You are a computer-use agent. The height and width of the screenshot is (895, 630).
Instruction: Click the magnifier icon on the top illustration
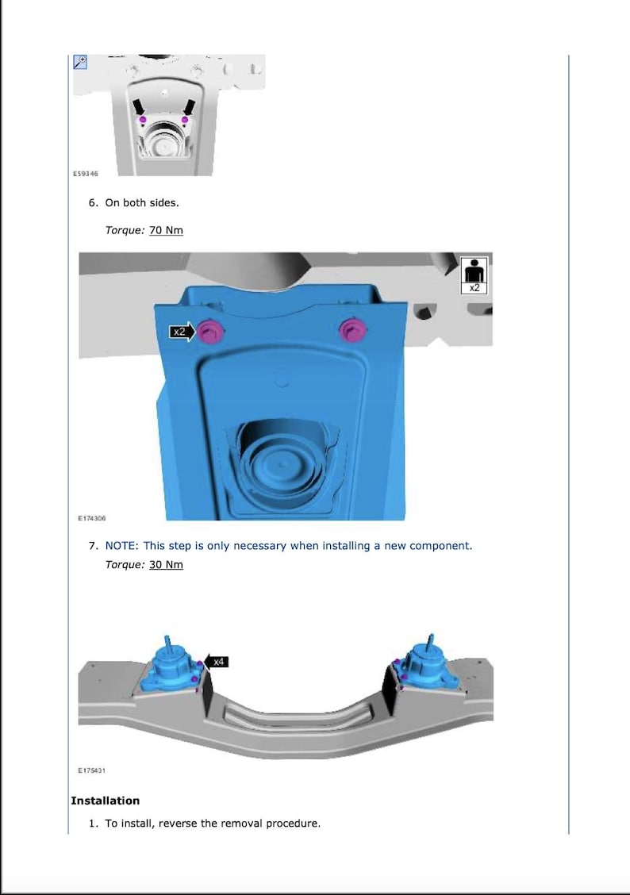click(x=80, y=62)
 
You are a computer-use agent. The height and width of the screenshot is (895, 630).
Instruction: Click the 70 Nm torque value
click(x=166, y=230)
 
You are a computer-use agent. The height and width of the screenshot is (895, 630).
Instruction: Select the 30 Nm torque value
click(x=166, y=564)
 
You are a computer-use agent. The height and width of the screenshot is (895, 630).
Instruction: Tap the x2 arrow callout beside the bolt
click(x=182, y=332)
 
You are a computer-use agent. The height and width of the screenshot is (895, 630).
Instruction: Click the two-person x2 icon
click(x=474, y=275)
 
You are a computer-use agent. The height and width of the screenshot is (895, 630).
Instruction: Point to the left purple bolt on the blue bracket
click(x=210, y=331)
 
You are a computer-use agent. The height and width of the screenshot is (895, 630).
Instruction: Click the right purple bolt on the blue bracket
click(x=352, y=331)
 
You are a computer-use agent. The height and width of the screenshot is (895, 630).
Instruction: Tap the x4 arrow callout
click(x=216, y=662)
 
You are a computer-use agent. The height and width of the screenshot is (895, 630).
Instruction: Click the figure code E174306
click(x=92, y=518)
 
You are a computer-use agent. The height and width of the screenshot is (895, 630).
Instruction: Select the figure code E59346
click(x=86, y=174)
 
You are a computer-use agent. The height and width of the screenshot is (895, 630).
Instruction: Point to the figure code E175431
click(x=92, y=770)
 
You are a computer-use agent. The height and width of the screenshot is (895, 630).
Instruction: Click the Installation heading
click(x=105, y=801)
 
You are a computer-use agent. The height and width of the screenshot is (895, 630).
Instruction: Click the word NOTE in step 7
click(x=121, y=546)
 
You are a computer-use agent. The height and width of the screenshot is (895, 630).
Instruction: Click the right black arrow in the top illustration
click(x=189, y=108)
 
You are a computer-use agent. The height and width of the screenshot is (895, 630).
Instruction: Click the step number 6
click(x=93, y=202)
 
